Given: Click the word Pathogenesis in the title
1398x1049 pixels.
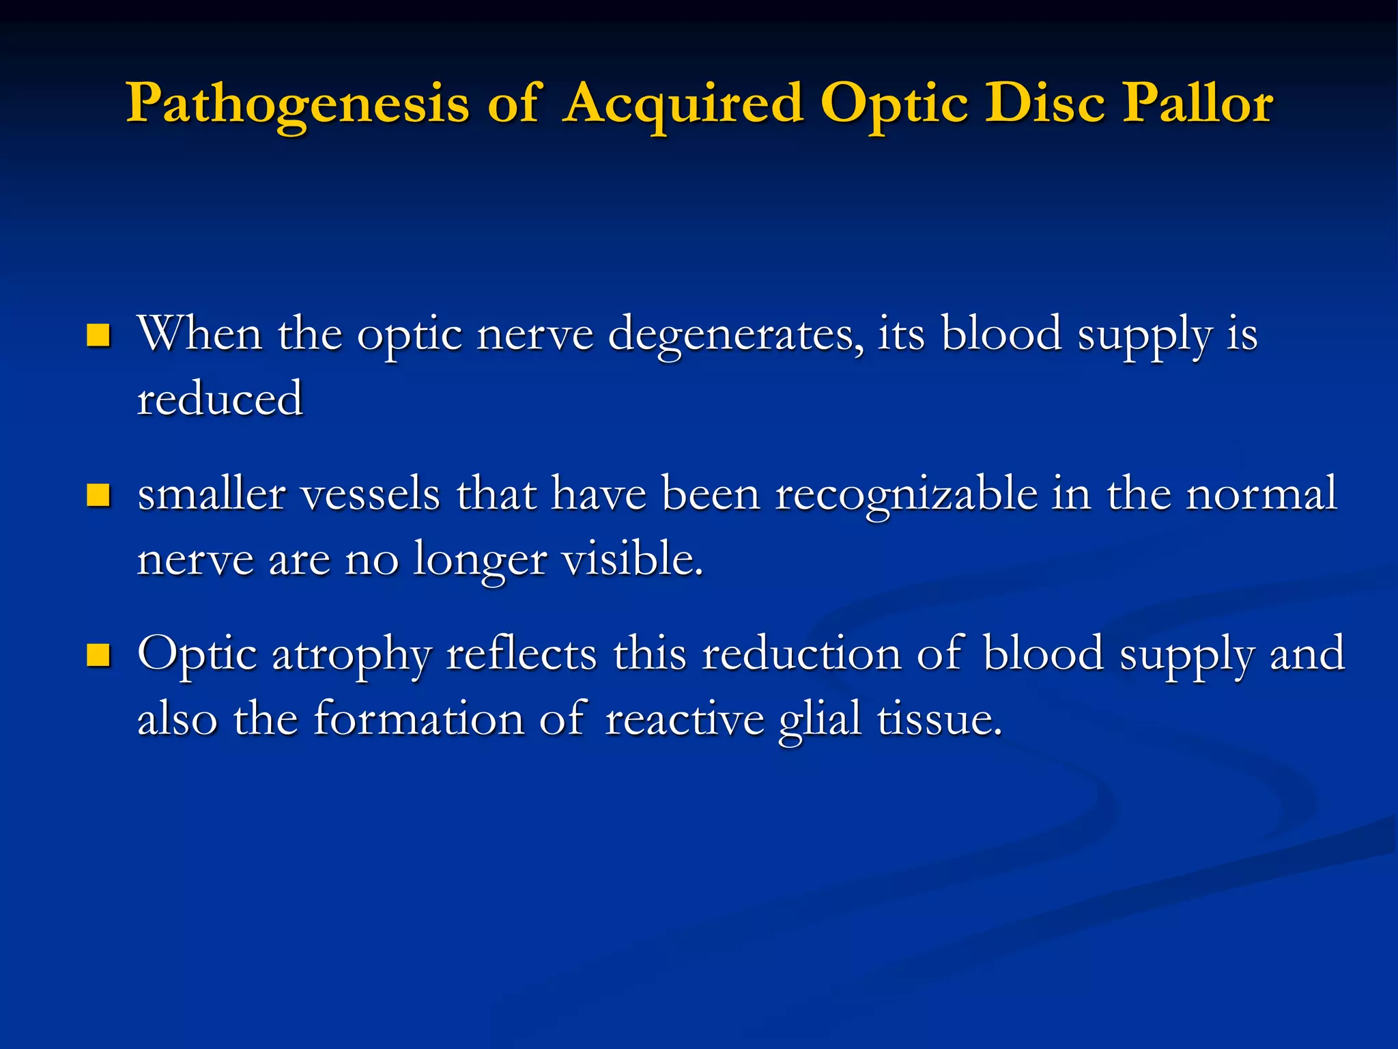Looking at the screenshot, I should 298,104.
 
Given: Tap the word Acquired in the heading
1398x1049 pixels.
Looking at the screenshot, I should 682,104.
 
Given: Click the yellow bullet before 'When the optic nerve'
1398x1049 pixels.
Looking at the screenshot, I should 99,335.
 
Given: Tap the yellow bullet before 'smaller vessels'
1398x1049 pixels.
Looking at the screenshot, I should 99,495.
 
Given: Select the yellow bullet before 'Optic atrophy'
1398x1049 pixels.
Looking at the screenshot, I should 99,655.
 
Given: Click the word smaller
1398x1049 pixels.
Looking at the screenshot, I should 212,494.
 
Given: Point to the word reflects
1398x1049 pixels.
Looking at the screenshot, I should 522,654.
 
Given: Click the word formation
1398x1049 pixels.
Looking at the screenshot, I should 418,718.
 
